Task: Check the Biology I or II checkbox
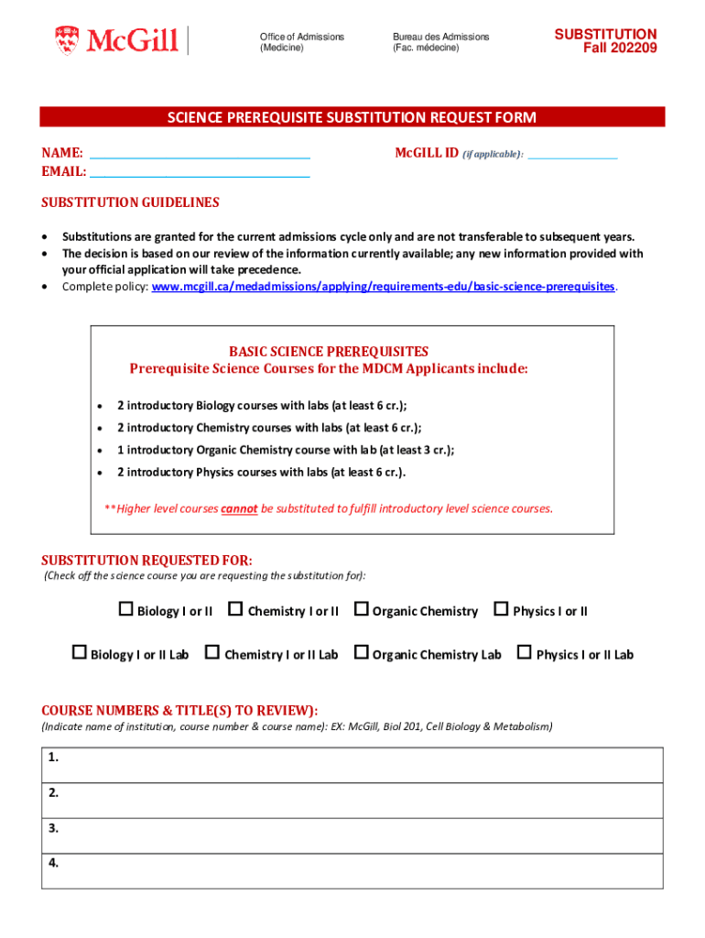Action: click(x=126, y=609)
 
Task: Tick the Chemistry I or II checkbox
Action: click(x=235, y=609)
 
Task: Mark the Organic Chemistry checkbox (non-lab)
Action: click(x=361, y=609)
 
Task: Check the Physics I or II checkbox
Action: click(x=501, y=609)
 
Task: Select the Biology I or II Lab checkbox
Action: click(x=80, y=653)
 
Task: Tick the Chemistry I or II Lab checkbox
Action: click(x=212, y=653)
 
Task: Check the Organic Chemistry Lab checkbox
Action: click(x=361, y=653)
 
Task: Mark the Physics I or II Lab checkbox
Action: click(x=525, y=653)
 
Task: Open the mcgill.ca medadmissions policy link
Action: click(x=383, y=287)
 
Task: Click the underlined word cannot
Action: click(x=239, y=508)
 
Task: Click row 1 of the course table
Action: click(x=352, y=765)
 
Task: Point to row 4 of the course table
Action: click(x=352, y=870)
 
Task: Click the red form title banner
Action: click(x=352, y=117)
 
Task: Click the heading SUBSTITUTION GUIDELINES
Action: click(x=130, y=202)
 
